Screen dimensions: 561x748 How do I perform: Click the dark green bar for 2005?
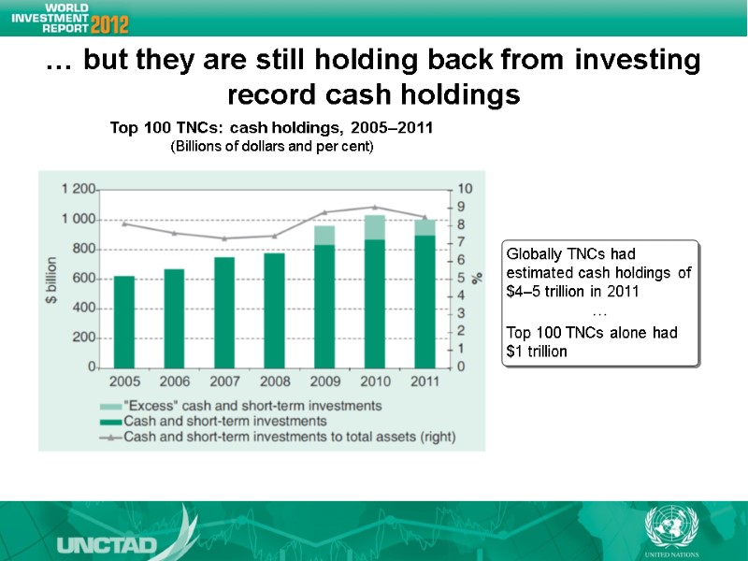[x=123, y=322]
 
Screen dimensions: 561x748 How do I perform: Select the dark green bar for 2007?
[x=224, y=312]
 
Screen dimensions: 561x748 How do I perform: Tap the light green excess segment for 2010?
[x=375, y=227]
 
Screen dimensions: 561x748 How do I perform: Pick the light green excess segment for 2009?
[x=324, y=235]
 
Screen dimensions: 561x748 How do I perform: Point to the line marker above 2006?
[x=174, y=233]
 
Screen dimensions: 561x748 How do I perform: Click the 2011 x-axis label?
[x=425, y=381]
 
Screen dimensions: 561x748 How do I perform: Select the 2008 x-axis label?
[x=275, y=381]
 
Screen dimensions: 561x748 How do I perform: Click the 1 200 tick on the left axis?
[x=78, y=189]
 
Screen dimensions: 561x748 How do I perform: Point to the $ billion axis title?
[x=52, y=279]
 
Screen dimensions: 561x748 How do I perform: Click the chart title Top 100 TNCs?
[x=271, y=128]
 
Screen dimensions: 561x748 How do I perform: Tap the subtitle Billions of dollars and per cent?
[x=271, y=148]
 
